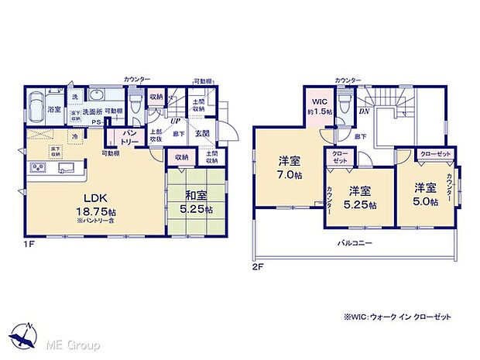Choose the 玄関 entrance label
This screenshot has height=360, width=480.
click(x=202, y=133)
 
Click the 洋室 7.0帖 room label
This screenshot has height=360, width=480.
click(x=290, y=168)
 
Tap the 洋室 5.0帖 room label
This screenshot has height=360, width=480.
click(x=425, y=194)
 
